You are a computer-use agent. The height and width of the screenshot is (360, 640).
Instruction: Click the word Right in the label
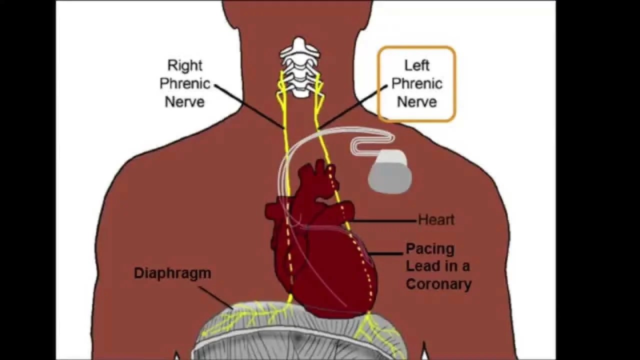[185, 65]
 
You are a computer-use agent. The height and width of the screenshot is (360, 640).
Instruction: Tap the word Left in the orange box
[416, 65]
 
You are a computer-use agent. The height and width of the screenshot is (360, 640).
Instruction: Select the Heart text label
[436, 219]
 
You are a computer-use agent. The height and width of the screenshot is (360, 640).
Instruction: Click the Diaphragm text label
[172, 273]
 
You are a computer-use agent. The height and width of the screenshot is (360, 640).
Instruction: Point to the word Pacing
[430, 248]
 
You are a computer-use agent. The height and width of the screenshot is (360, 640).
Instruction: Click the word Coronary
[438, 284]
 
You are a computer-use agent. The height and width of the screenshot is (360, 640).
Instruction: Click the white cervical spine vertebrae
[299, 65]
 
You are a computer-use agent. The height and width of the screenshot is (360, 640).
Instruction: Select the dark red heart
[320, 250]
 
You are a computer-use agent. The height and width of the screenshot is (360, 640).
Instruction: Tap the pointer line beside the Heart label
[385, 220]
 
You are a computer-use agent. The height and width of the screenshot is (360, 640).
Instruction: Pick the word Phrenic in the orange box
[416, 83]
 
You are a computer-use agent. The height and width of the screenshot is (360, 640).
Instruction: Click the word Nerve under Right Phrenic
[185, 101]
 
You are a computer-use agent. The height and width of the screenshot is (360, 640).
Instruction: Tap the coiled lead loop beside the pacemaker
[372, 142]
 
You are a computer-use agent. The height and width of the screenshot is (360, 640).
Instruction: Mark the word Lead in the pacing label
[422, 266]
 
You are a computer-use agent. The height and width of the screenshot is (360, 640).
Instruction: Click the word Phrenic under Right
[185, 83]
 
